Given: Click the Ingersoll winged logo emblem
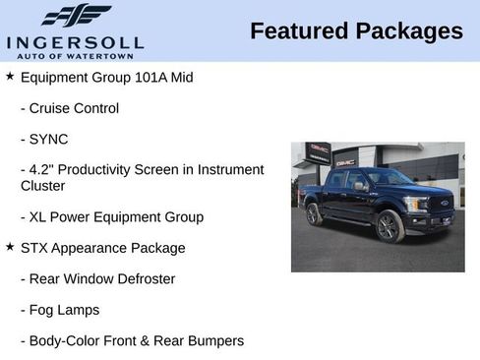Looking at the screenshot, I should click(x=76, y=16).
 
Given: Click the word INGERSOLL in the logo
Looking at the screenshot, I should click(x=75, y=41).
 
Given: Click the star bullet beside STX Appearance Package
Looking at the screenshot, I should click(x=10, y=247).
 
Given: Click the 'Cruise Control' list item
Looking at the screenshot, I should click(x=75, y=108).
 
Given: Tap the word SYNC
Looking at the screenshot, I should click(x=50, y=139).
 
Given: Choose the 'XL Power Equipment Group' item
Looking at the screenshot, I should click(x=118, y=216).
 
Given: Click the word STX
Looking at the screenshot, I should click(x=34, y=248).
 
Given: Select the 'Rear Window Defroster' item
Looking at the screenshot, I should click(x=103, y=278).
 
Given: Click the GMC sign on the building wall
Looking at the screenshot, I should click(x=345, y=161).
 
